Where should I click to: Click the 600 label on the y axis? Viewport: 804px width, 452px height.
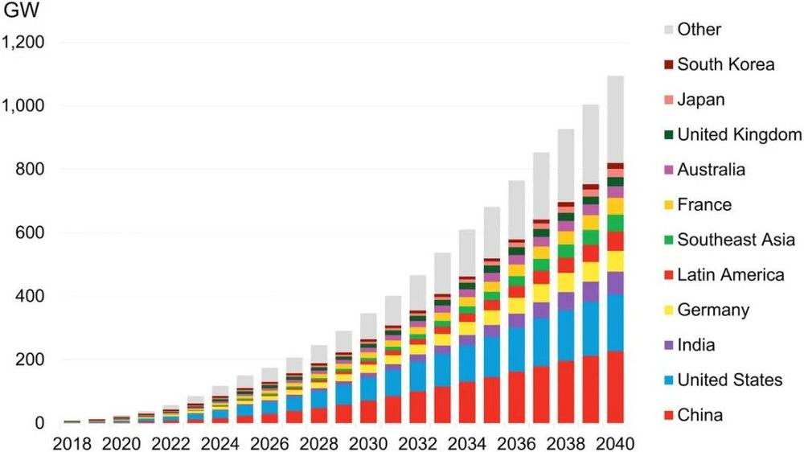coord(33,233)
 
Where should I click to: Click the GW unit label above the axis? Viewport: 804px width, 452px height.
coord(21,13)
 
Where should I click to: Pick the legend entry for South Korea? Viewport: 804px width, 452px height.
coord(725,64)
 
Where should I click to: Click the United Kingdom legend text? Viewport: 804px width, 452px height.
coord(739,134)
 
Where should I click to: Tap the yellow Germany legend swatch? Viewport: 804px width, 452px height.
coord(668,310)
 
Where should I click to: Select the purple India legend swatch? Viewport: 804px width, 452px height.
coord(668,346)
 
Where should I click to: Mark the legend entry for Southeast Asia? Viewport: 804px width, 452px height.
coord(736,240)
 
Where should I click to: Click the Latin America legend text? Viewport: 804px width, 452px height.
coord(730,275)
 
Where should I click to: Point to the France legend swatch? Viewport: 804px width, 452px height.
coord(668,205)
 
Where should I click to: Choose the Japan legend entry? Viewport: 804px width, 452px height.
coord(700,100)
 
